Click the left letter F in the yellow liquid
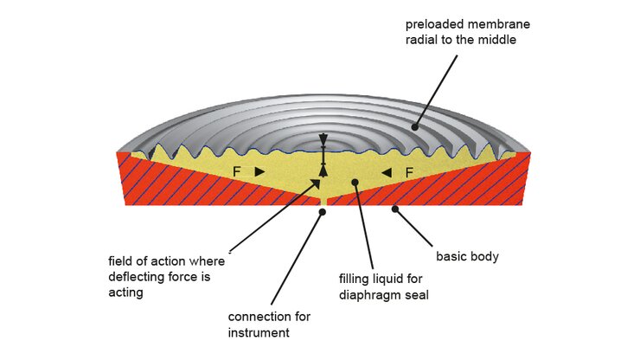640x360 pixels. [x=237, y=172]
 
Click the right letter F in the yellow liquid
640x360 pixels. [x=409, y=172]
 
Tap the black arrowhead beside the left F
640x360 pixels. [x=259, y=172]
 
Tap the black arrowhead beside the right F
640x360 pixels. [x=387, y=172]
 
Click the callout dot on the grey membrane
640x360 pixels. [x=414, y=127]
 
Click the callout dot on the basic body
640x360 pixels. [x=394, y=208]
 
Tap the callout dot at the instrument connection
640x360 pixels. [x=323, y=209]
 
